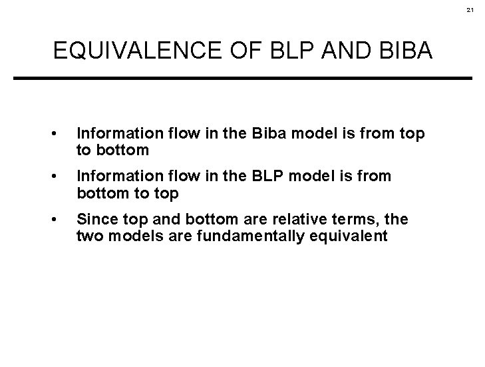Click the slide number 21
[x=470, y=11]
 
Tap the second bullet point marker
[x=62, y=177]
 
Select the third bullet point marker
[x=62, y=219]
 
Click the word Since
[x=93, y=218]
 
